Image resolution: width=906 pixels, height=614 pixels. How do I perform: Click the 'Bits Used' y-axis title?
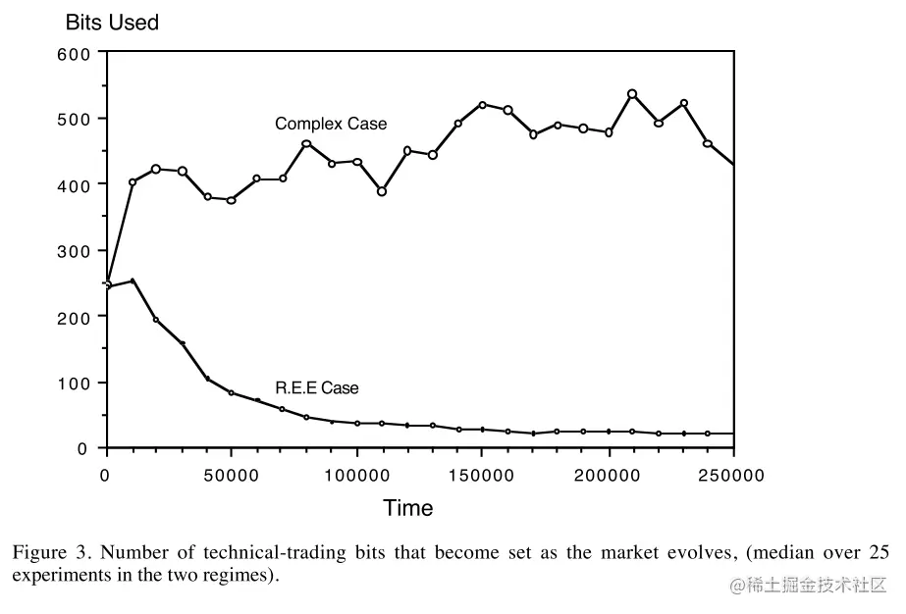[x=112, y=22]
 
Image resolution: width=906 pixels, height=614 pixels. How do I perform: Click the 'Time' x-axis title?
[x=407, y=507]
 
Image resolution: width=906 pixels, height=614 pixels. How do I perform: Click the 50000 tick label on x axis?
[x=231, y=476]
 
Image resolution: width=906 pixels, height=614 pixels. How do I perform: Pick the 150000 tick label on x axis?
[x=482, y=476]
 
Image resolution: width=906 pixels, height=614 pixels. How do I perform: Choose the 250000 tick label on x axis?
[x=732, y=476]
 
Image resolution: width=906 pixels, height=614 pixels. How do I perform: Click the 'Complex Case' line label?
[x=331, y=124]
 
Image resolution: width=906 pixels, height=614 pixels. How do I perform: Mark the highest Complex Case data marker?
[x=632, y=94]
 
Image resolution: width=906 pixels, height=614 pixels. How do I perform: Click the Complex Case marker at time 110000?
[x=382, y=191]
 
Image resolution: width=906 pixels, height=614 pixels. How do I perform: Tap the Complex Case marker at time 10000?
[x=132, y=182]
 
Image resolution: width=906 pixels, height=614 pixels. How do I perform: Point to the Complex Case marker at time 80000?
[x=306, y=144]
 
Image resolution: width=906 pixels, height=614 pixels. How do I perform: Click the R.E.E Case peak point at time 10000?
[x=132, y=281]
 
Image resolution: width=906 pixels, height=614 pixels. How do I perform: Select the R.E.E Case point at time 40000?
[x=206, y=379]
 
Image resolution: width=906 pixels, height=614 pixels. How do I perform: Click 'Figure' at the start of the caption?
[x=40, y=552]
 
